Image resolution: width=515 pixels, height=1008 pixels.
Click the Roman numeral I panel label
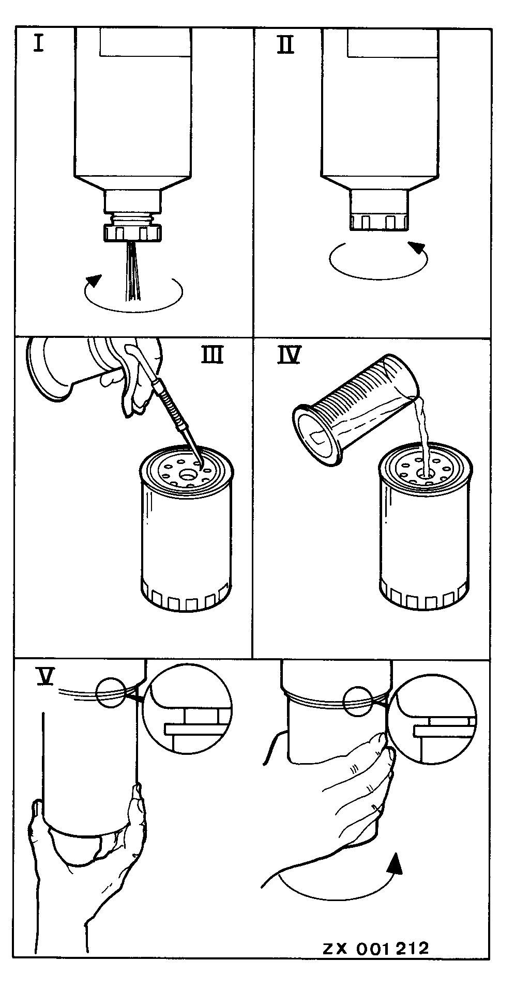click(38, 43)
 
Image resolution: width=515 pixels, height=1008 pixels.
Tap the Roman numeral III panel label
click(211, 355)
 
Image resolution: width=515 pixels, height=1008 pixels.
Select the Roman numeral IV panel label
click(289, 355)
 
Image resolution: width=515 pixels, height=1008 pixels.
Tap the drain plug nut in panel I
click(133, 232)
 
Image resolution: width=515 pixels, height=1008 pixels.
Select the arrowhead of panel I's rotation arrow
click(93, 281)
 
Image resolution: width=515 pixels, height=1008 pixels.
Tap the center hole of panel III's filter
click(187, 472)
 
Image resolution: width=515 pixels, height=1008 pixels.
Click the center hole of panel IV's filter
click(425, 472)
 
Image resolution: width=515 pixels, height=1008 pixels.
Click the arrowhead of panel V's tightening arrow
click(395, 863)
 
